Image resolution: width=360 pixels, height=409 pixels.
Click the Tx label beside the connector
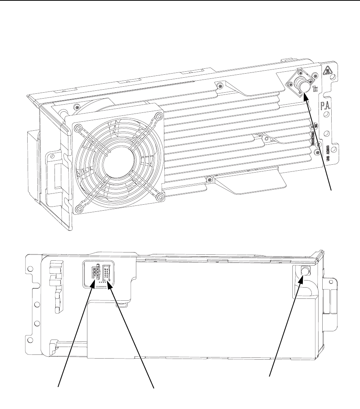[x=316, y=89]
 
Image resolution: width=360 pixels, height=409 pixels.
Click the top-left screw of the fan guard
[x=78, y=128]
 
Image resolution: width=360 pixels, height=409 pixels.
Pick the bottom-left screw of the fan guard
[x=79, y=208]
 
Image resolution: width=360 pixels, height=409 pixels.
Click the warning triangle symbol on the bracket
[x=327, y=69]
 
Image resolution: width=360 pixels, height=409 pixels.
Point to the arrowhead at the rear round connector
[x=301, y=279]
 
